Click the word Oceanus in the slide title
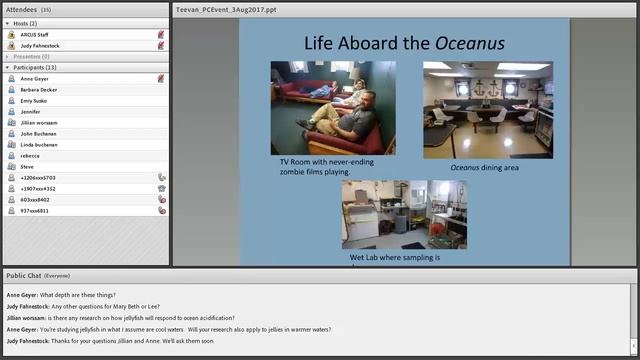(469, 44)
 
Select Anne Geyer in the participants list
(34, 78)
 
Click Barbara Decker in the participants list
(39, 89)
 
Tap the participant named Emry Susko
(34, 100)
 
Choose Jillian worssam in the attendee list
(40, 122)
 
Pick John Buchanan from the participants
(39, 133)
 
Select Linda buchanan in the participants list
(39, 144)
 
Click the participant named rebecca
(30, 155)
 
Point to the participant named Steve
(27, 166)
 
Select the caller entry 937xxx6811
(34, 210)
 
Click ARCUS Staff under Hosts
(35, 34)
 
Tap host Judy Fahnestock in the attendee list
(40, 45)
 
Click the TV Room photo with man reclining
(333, 108)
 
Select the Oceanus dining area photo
(487, 109)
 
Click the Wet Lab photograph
(403, 214)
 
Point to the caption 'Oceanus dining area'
(484, 167)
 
